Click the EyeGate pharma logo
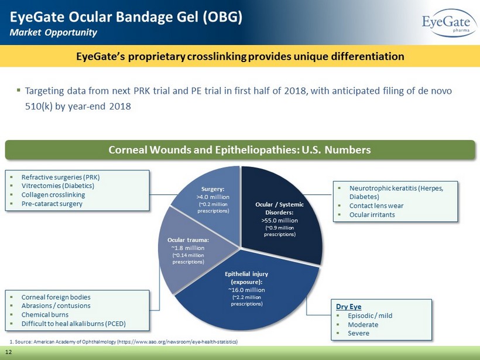(449, 23)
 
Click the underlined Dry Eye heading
(349, 306)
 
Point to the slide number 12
(9, 352)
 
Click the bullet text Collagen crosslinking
(53, 195)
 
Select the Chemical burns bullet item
(45, 315)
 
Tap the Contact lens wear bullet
(376, 205)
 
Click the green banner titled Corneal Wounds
(240, 150)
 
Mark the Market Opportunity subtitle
(53, 32)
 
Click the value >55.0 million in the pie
(279, 221)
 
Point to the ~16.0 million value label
(247, 290)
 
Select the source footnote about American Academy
(124, 342)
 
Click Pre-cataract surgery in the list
(52, 204)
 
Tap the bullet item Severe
(358, 333)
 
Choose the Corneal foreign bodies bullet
(56, 297)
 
